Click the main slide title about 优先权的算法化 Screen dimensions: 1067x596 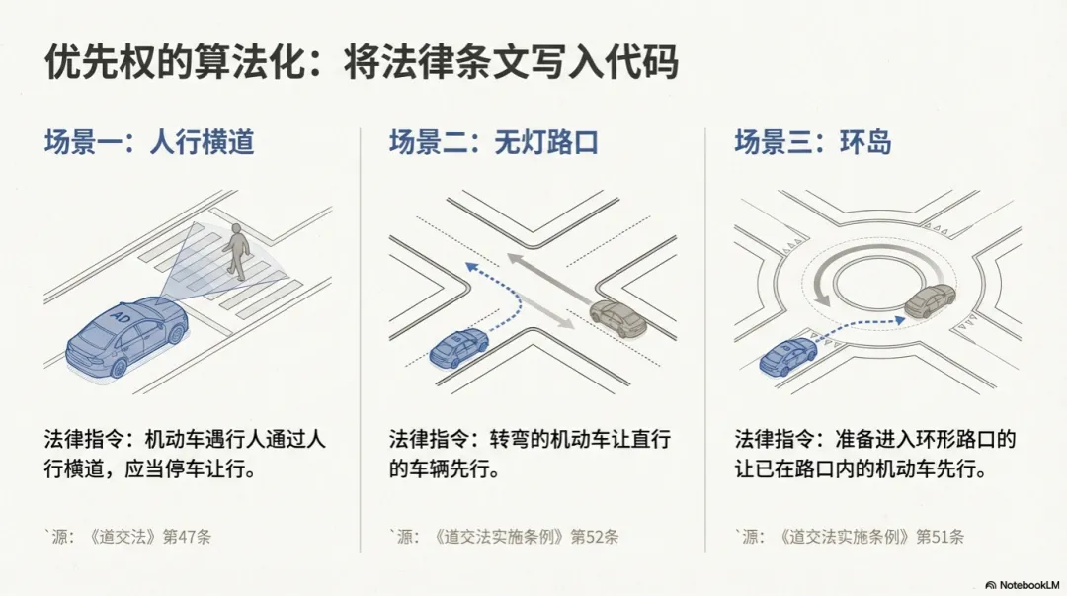click(362, 63)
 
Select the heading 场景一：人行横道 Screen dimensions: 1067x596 click(149, 142)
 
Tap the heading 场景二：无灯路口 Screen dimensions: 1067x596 click(494, 142)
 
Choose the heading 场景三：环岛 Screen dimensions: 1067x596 click(812, 142)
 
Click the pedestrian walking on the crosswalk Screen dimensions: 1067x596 click(235, 251)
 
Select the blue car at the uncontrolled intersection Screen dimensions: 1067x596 click(459, 348)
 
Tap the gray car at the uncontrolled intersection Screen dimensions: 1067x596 click(618, 318)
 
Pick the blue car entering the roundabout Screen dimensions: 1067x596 click(787, 356)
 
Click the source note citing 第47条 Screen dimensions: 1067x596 click(127, 537)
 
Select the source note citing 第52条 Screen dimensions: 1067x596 click(504, 537)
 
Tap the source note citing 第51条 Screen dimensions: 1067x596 click(850, 537)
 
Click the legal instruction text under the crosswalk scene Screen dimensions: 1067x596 click(185, 453)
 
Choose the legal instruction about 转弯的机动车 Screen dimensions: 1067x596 click(530, 453)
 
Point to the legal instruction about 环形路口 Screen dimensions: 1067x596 click(875, 453)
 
